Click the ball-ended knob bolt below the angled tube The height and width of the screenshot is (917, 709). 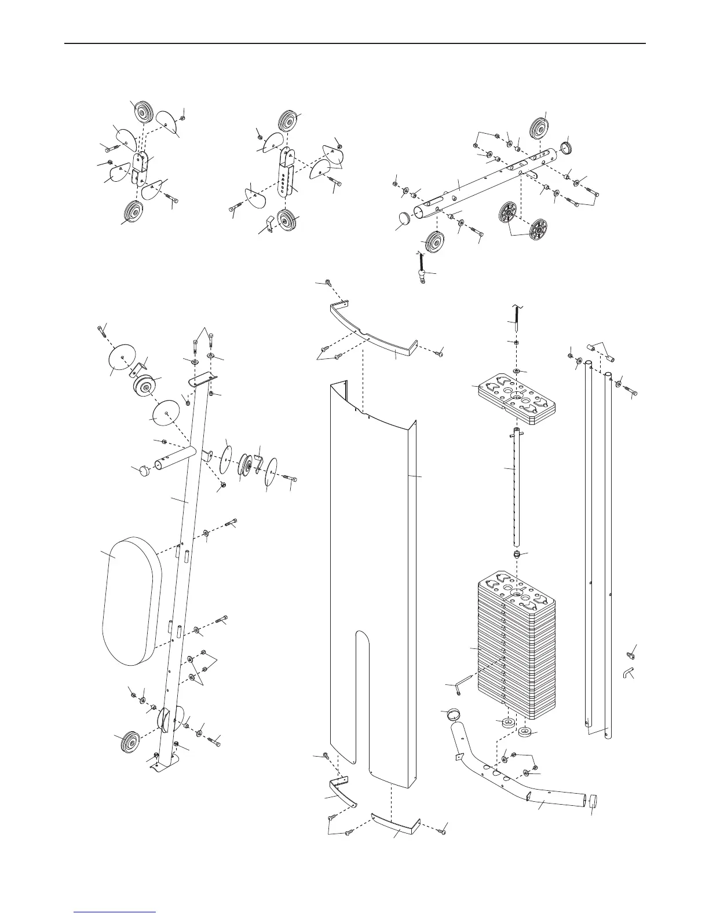[x=422, y=269]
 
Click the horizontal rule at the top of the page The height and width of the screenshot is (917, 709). [x=355, y=43]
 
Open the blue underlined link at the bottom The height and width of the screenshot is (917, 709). [x=116, y=913]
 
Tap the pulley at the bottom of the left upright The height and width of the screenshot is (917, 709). [x=127, y=742]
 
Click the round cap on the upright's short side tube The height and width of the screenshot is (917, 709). [x=141, y=470]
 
